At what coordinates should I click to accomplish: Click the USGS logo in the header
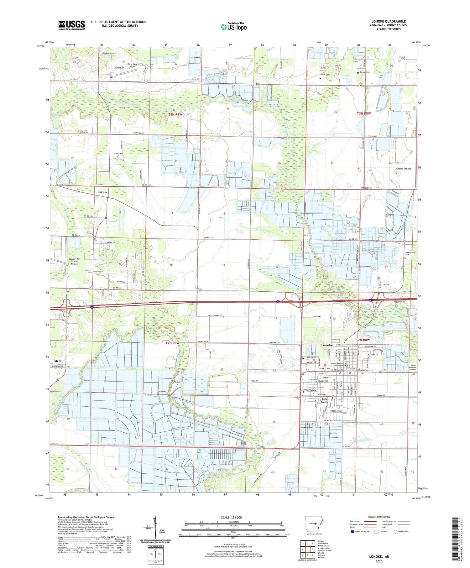pyautogui.click(x=71, y=25)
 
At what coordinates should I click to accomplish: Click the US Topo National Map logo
pyautogui.click(x=233, y=27)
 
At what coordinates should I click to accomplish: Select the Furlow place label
pyautogui.click(x=102, y=192)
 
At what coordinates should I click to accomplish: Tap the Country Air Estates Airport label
pyautogui.click(x=74, y=261)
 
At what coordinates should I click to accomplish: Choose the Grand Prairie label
pyautogui.click(x=404, y=169)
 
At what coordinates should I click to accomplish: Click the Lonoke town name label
pyautogui.click(x=327, y=345)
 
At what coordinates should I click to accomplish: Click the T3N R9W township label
pyautogui.click(x=175, y=114)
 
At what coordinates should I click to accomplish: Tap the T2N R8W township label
pyautogui.click(x=363, y=340)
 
